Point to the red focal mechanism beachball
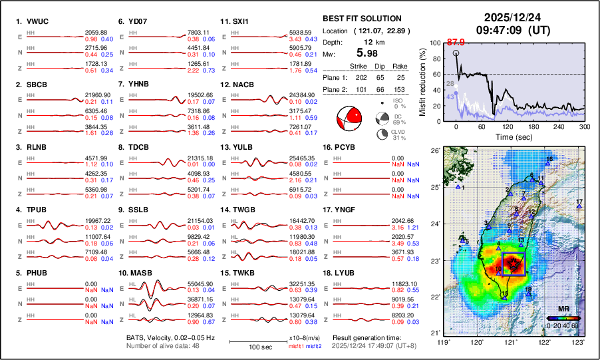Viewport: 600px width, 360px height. (351, 119)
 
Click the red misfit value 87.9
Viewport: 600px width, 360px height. (456, 43)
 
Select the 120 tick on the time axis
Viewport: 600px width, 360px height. (508, 126)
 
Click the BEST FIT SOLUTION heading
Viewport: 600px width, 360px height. (361, 19)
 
